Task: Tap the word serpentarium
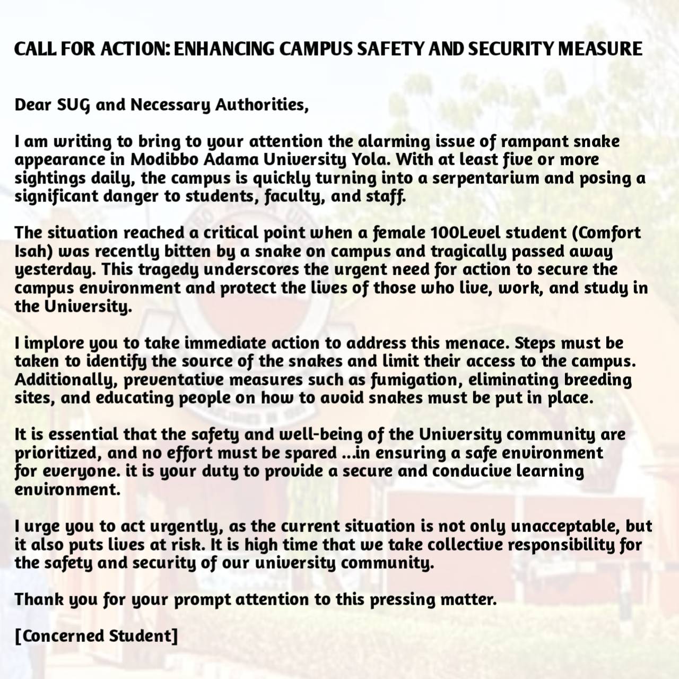tap(485, 178)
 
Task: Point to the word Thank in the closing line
tap(38, 599)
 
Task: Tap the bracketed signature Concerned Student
tap(96, 636)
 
